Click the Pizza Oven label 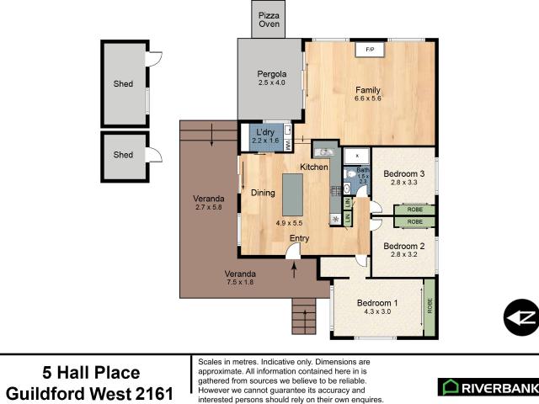tap(269, 19)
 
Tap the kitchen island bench tap(292, 194)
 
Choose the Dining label tap(263, 193)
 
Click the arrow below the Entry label tap(294, 269)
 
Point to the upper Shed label tap(123, 84)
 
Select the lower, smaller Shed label tap(123, 155)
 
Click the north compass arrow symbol tap(520, 317)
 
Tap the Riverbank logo tap(487, 386)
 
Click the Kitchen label tap(314, 167)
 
